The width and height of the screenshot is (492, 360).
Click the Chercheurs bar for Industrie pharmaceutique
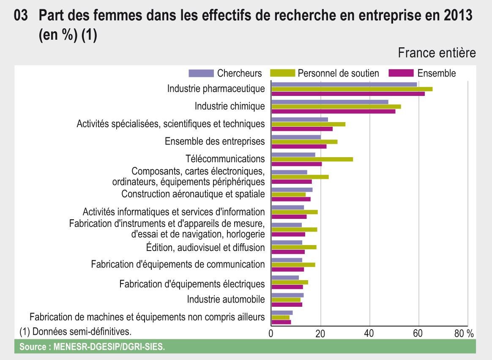pyautogui.click(x=344, y=84)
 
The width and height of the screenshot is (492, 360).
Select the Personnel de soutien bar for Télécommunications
pyautogui.click(x=312, y=159)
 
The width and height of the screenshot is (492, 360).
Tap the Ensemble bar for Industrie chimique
pyautogui.click(x=333, y=112)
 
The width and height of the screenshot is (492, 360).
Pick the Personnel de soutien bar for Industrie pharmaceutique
pyautogui.click(x=352, y=89)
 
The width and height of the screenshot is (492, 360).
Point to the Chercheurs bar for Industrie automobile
pyautogui.click(x=287, y=295)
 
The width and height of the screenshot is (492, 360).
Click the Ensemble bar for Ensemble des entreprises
pyautogui.click(x=299, y=147)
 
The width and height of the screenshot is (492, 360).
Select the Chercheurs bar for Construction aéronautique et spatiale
pyautogui.click(x=292, y=190)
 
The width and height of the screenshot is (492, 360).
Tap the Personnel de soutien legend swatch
pyautogui.click(x=281, y=73)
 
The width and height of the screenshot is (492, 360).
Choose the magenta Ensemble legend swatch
pyautogui.click(x=401, y=73)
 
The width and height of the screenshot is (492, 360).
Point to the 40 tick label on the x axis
pyautogui.click(x=369, y=333)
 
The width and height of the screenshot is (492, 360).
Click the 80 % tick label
pyautogui.click(x=464, y=333)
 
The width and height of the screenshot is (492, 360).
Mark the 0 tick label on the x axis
pyautogui.click(x=271, y=333)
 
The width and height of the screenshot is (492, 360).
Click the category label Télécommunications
pyautogui.click(x=225, y=159)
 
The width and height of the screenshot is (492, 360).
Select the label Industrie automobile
pyautogui.click(x=226, y=300)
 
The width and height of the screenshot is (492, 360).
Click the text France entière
pyautogui.click(x=437, y=53)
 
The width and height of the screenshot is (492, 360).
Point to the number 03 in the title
pyautogui.click(x=21, y=17)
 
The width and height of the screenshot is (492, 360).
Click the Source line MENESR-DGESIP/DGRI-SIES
pyautogui.click(x=92, y=347)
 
